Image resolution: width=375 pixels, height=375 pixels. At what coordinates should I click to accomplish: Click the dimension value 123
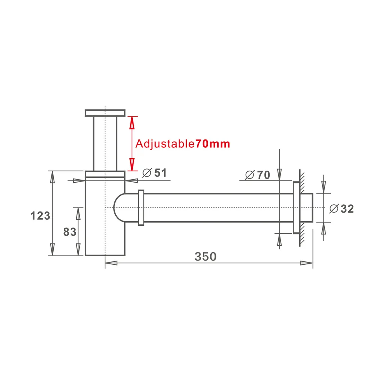tap(40, 216)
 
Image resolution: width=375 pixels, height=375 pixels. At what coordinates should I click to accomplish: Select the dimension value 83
tap(70, 232)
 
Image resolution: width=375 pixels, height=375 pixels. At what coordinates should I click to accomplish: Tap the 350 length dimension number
tap(205, 256)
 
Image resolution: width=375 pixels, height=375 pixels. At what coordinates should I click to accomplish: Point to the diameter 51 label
tap(155, 173)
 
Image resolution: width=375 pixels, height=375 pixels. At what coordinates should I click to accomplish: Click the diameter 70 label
tap(257, 175)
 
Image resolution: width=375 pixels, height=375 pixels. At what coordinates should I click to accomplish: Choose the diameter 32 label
tap(341, 209)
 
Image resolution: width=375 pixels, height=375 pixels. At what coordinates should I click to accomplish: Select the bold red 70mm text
tap(213, 144)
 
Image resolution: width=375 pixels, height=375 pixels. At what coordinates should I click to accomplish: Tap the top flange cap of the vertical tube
tap(105, 113)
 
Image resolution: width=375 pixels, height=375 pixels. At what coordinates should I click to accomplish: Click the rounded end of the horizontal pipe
tap(119, 208)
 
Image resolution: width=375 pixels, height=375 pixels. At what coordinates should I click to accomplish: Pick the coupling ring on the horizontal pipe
tap(141, 208)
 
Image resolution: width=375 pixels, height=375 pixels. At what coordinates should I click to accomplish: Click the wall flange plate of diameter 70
tap(295, 208)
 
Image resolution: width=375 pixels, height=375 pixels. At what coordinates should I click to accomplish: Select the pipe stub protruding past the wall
tap(307, 208)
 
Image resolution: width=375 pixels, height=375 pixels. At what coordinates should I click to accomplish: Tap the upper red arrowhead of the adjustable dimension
tap(131, 122)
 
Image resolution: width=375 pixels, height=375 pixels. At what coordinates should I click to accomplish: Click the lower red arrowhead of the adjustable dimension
tap(131, 164)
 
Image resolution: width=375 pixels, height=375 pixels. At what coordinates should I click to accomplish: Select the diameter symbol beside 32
tap(333, 209)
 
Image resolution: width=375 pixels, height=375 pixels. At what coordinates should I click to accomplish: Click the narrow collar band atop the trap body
tap(105, 174)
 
